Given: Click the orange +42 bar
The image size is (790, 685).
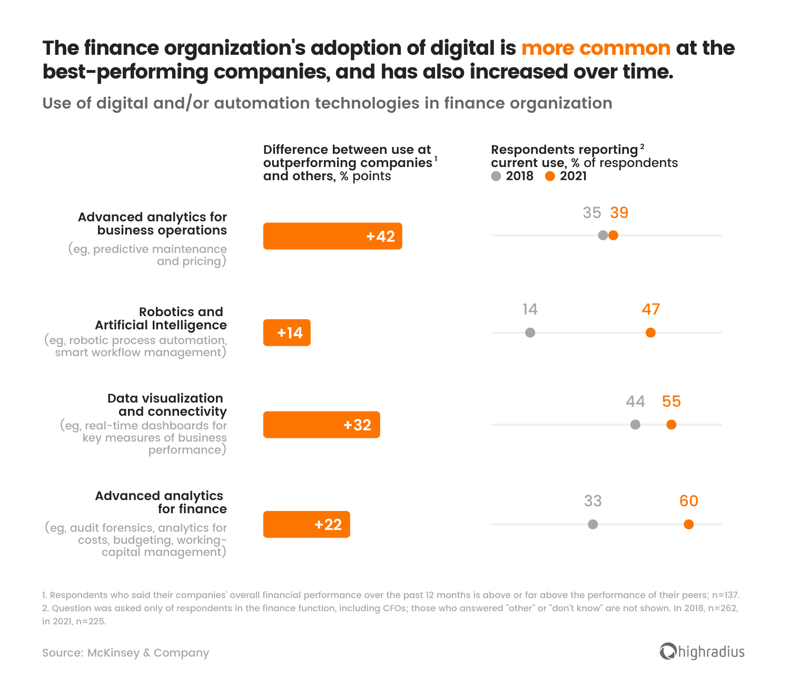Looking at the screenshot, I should tap(332, 236).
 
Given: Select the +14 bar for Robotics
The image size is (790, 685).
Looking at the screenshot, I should tap(287, 332).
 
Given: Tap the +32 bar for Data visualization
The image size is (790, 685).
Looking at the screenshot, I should tap(321, 425).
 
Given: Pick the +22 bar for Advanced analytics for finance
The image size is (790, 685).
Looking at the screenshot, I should tap(307, 524).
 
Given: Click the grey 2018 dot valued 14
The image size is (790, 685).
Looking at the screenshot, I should tap(530, 332).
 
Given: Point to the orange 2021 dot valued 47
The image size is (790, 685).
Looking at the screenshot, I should tap(650, 332).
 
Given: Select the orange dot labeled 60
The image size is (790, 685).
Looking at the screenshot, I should tap(688, 524).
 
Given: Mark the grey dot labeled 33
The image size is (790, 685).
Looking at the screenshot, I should tap(593, 524).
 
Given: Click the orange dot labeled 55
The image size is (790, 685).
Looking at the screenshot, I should tap(671, 425).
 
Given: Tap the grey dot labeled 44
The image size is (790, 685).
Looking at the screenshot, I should tap(635, 425).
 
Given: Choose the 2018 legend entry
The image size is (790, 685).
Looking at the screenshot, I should tap(512, 176).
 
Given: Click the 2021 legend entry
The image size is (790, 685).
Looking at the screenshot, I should tap(566, 176).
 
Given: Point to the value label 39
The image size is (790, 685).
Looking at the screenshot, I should tap(619, 213).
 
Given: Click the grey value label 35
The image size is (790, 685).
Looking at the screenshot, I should tap(591, 213).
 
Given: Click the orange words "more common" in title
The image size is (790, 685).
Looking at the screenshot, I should tap(596, 48).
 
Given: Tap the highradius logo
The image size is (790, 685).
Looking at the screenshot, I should tap(702, 652).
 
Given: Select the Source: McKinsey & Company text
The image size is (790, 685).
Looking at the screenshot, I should tap(125, 653).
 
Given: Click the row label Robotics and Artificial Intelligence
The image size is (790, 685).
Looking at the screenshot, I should tap(161, 319).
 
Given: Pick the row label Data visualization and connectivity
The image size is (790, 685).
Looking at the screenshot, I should tap(167, 405).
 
